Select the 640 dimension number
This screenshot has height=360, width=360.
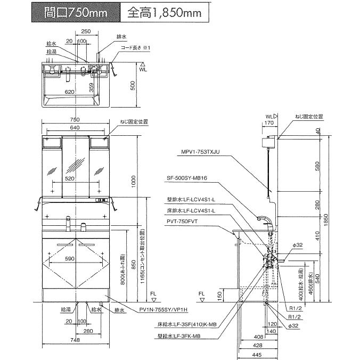point(74,128)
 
